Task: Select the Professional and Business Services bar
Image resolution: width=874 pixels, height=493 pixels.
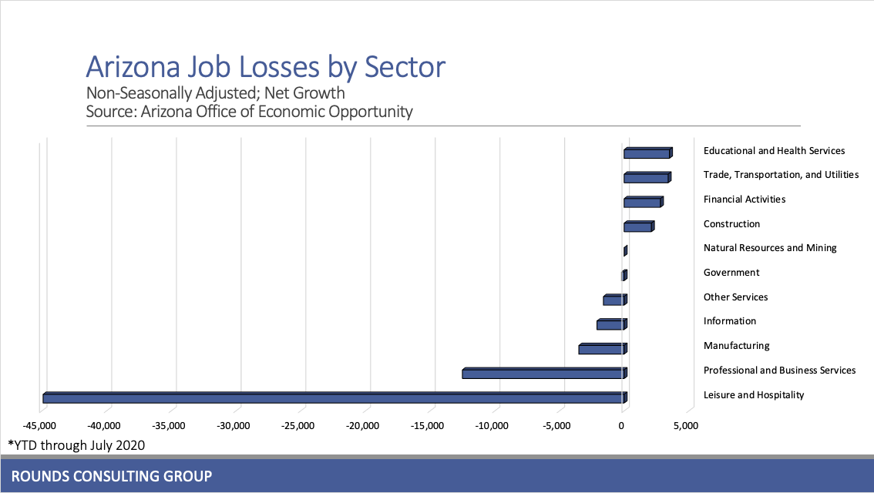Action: pos(543,374)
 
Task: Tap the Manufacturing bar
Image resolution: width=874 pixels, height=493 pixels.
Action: pos(601,349)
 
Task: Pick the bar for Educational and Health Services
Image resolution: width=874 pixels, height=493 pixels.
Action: pos(647,153)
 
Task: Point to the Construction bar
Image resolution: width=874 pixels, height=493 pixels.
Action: pos(637,226)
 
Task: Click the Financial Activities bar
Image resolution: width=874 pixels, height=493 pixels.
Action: pos(642,202)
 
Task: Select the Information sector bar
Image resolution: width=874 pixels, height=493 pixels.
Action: pos(610,324)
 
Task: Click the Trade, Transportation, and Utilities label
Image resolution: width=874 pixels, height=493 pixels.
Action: pos(781,175)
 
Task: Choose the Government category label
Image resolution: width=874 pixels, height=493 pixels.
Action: pos(731,273)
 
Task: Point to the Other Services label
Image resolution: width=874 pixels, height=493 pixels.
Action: pos(735,297)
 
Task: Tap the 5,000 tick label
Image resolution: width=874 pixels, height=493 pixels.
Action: pos(686,425)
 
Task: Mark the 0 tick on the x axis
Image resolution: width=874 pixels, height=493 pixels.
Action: pos(622,425)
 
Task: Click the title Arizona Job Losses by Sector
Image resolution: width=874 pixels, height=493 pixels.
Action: pos(265,67)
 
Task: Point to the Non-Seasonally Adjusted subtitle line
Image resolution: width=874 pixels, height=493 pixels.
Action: pos(215,94)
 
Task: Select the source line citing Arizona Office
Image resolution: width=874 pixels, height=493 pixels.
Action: pos(249,112)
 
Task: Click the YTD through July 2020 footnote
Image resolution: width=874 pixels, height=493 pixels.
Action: pos(76,444)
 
